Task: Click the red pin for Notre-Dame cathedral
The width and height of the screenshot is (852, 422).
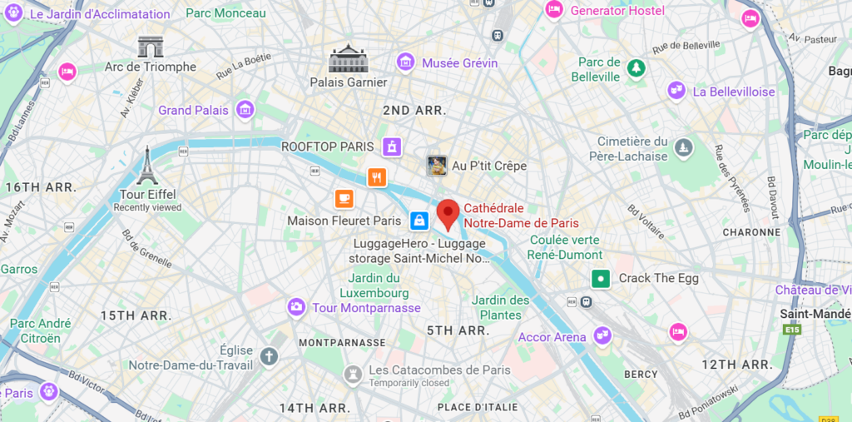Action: click(x=448, y=213)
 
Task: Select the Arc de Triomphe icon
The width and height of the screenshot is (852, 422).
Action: click(x=151, y=47)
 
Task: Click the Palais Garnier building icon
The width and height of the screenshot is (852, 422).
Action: click(x=348, y=59)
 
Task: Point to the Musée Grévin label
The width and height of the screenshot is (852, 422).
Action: click(x=459, y=63)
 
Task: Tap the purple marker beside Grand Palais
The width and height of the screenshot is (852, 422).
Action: click(x=245, y=109)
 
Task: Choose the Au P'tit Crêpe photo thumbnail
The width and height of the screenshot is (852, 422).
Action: click(x=437, y=165)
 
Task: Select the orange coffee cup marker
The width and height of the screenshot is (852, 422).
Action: click(x=344, y=198)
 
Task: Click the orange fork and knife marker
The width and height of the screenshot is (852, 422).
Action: click(x=377, y=176)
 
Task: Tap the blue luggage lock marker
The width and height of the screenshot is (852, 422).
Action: click(x=419, y=221)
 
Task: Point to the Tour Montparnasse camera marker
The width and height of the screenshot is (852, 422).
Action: click(x=296, y=307)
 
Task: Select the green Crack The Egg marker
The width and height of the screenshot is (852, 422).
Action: click(x=600, y=278)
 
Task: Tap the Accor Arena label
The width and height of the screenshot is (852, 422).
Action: click(x=552, y=337)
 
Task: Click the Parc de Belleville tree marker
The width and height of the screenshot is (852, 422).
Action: click(x=637, y=67)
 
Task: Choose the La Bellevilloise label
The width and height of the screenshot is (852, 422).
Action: click(x=733, y=92)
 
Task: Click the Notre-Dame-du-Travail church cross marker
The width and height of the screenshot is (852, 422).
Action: click(x=268, y=357)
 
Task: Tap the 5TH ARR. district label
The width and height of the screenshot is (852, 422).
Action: click(x=457, y=330)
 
